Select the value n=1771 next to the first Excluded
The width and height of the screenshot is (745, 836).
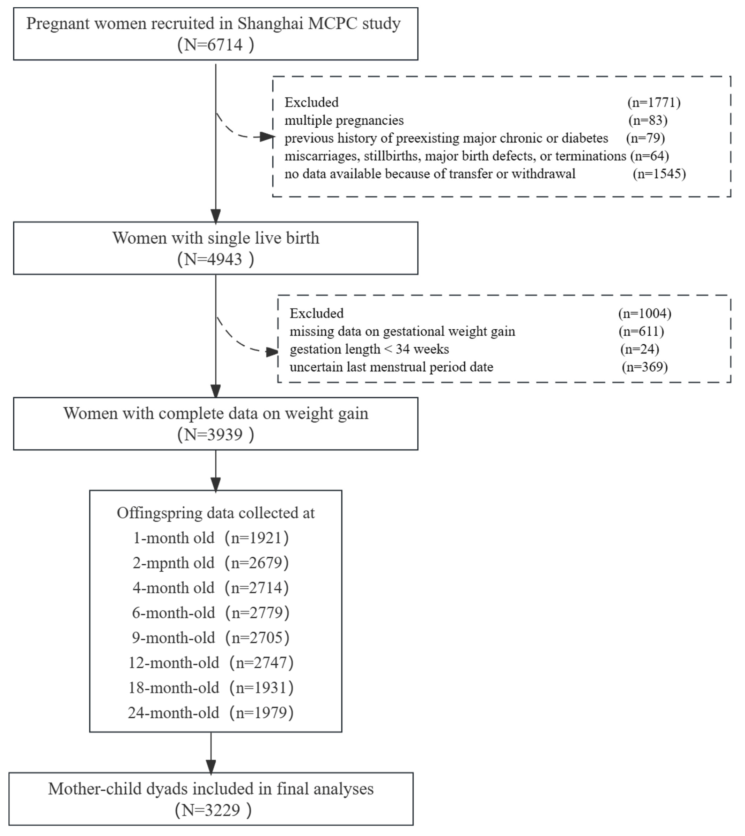pos(654,102)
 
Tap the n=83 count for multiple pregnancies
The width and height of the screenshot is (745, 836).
pos(648,120)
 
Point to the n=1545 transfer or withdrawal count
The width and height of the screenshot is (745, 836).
pos(659,174)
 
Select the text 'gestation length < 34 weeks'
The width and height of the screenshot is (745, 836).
pos(369,349)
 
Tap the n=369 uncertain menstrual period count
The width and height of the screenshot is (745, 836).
pos(645,367)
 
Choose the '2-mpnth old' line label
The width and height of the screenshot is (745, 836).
pos(174,563)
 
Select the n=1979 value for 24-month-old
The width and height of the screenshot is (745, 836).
pos(261,713)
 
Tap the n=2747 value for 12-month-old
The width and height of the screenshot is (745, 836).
pos(261,663)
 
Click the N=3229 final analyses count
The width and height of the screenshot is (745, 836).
pos(213,810)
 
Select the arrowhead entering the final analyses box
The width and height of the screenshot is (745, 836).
pos(211,767)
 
